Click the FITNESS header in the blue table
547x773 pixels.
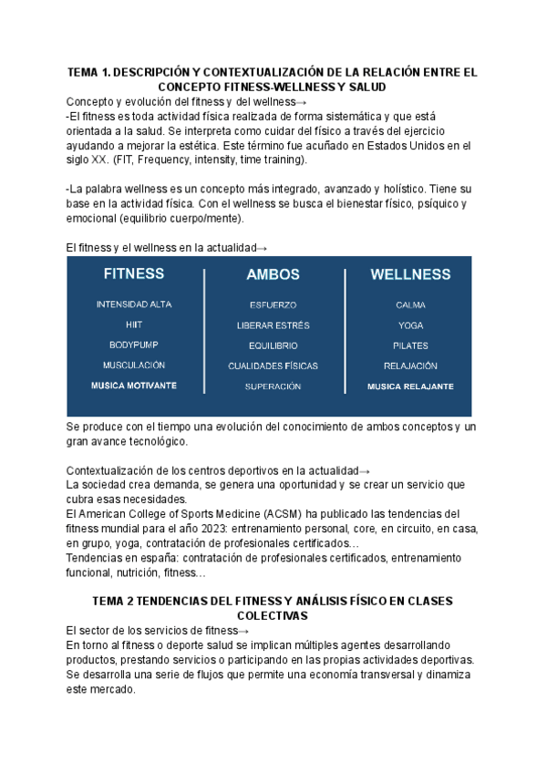134,273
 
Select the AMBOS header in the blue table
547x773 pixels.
273,274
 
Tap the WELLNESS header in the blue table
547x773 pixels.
410,274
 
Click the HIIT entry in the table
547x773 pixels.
134,325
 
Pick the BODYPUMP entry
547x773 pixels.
134,345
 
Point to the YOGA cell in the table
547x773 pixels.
410,325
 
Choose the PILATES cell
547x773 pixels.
410,345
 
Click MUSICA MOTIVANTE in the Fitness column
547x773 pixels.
134,386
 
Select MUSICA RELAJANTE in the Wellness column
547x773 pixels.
410,386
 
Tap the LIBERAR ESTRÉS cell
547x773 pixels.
273,325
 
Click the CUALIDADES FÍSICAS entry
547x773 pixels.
273,366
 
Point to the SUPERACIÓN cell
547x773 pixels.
273,386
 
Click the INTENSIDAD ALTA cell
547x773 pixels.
134,304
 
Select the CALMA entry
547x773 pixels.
410,305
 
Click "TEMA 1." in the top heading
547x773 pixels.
89,71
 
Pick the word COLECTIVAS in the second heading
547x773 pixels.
273,616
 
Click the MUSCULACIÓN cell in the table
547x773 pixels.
134,366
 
